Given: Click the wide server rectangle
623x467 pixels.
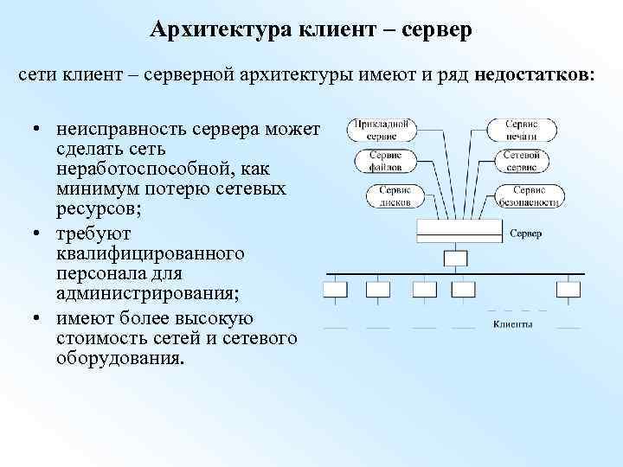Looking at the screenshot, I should coord(459,229).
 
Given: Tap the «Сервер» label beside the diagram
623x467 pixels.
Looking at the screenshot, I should coord(526,233).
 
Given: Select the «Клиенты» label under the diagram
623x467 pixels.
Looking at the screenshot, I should coord(513,325).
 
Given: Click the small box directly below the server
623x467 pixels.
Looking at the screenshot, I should coord(455,258).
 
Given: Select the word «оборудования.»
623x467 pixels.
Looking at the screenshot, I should coord(121,356).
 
